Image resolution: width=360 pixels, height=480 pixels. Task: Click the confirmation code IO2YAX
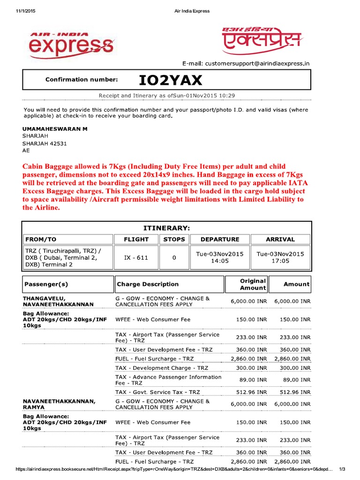click(171, 81)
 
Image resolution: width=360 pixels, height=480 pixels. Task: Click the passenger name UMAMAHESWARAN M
click(55, 128)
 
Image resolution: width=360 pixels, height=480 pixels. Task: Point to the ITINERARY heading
click(166, 228)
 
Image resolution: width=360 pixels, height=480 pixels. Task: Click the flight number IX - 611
click(136, 257)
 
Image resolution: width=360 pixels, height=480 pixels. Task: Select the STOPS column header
click(174, 239)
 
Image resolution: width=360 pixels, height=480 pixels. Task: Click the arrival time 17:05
click(280, 261)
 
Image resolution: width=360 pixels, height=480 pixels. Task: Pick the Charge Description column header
click(148, 284)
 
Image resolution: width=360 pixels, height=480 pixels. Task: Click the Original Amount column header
click(253, 284)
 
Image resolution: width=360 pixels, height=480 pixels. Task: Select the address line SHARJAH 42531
click(45, 144)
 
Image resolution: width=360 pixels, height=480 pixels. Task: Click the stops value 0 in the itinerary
click(174, 257)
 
